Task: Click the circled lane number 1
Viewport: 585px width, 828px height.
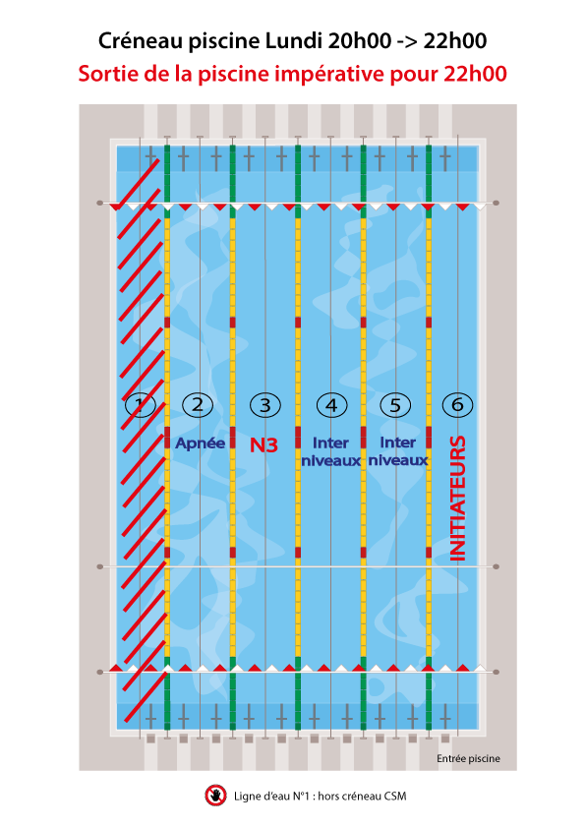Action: [x=141, y=405]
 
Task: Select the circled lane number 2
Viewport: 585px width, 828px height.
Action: [x=198, y=405]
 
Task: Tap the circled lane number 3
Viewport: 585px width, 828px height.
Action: [x=265, y=405]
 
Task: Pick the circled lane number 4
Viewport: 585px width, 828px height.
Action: [x=331, y=405]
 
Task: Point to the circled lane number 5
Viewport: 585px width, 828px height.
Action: [x=395, y=405]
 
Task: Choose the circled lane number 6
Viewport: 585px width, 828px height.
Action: [x=457, y=405]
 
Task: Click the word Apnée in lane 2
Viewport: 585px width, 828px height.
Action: [x=201, y=444]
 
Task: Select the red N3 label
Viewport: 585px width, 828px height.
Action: [x=263, y=445]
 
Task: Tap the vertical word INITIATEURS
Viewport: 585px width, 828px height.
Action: [x=458, y=498]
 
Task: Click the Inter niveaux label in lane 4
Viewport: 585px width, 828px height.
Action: [x=331, y=451]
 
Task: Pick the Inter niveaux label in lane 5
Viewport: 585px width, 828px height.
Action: [x=398, y=451]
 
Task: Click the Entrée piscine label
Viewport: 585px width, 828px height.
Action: [x=468, y=759]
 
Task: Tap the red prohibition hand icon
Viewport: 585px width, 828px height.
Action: [x=215, y=796]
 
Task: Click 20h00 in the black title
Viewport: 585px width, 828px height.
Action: [x=359, y=40]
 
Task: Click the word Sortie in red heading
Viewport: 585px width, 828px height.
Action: [x=108, y=74]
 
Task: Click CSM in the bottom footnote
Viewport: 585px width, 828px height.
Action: [x=395, y=796]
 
